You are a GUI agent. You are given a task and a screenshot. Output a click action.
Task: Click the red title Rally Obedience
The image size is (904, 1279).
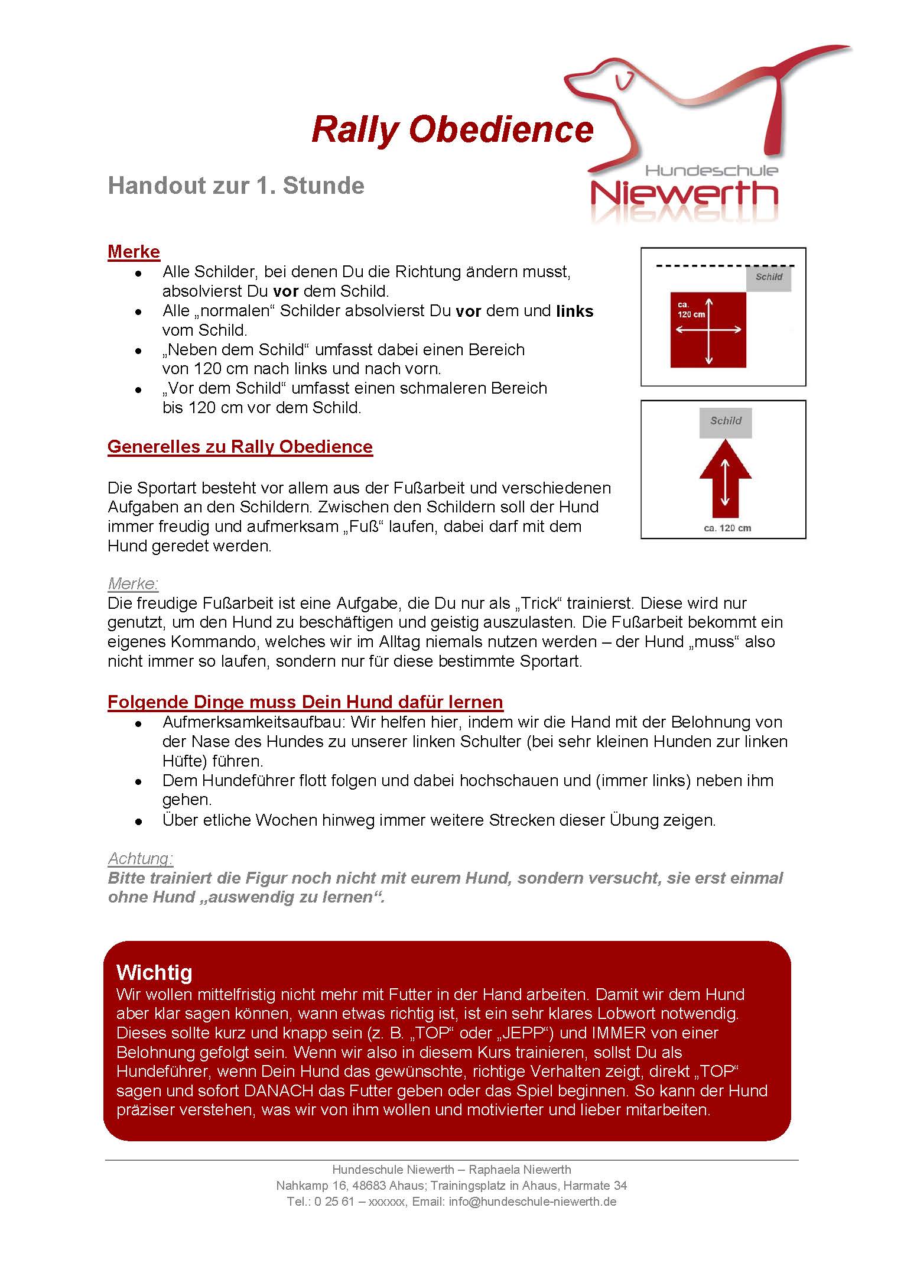(x=452, y=130)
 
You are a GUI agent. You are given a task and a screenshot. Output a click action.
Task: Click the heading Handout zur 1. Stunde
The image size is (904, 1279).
(x=236, y=186)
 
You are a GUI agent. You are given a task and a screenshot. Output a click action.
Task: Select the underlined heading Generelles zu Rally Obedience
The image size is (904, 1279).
(x=240, y=447)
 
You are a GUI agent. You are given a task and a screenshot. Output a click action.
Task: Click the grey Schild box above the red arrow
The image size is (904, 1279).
(x=726, y=422)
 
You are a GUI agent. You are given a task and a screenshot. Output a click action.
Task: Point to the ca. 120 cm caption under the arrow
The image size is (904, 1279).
(x=727, y=528)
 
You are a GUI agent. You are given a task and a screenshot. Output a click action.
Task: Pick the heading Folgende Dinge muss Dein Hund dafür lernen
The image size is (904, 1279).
(x=305, y=702)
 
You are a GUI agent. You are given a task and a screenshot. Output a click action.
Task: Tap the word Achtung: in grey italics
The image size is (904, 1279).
(x=141, y=858)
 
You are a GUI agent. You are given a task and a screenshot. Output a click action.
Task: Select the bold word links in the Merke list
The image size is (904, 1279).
(x=574, y=311)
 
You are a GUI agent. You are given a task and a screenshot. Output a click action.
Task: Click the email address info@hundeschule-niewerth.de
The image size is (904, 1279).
(x=532, y=1202)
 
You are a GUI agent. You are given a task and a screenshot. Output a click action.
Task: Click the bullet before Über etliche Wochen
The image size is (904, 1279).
(x=138, y=822)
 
